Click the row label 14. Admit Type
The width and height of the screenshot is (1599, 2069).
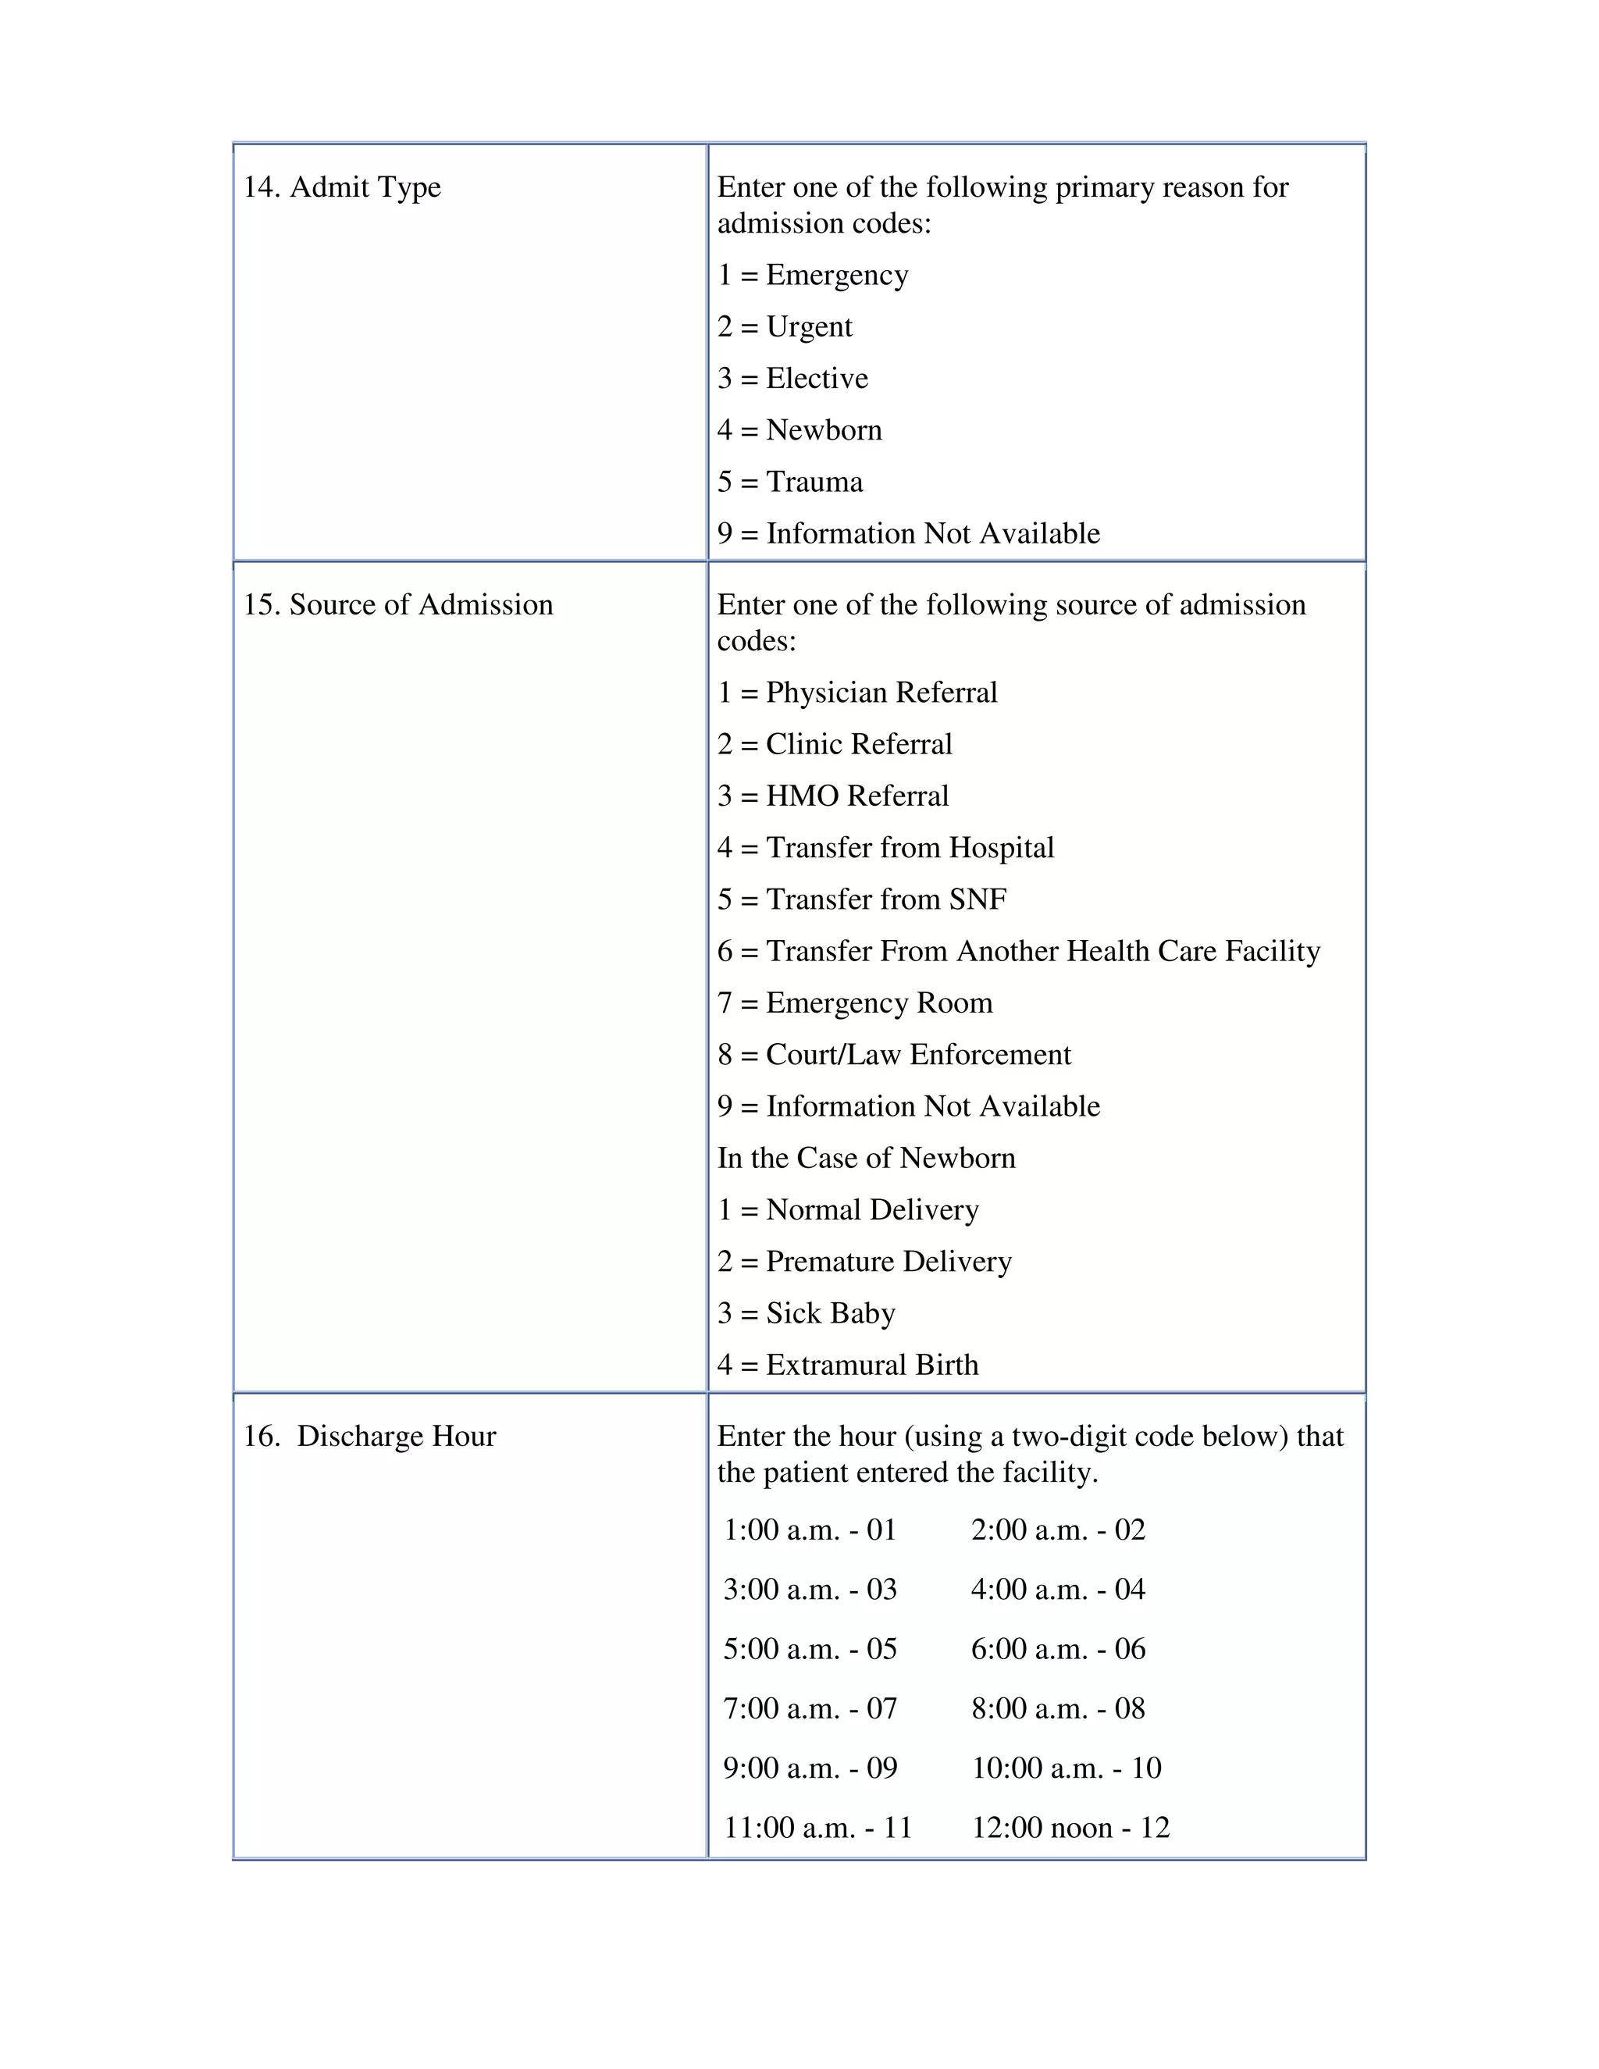342,187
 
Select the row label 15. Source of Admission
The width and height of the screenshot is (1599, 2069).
398,604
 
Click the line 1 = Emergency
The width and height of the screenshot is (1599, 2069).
813,275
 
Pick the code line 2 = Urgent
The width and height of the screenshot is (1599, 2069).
785,327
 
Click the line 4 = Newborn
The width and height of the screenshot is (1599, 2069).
799,430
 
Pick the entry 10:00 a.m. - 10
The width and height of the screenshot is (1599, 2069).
1066,1768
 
